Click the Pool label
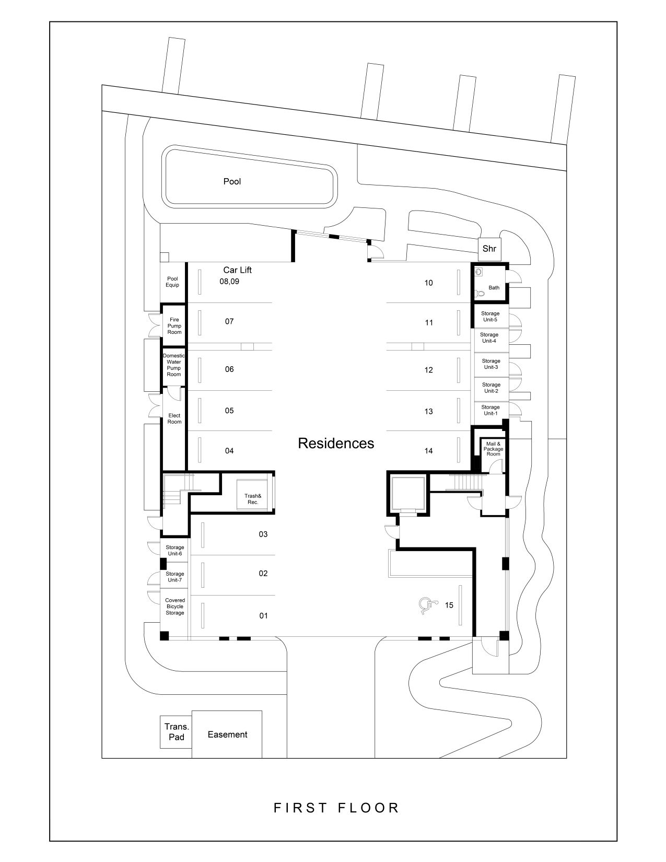point(232,182)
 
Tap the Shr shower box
point(489,249)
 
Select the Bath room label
point(494,288)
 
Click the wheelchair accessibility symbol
point(427,605)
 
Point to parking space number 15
point(449,605)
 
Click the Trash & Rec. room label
point(252,499)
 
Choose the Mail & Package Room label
point(493,449)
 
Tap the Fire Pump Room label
point(174,326)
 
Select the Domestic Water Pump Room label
point(174,365)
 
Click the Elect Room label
point(174,418)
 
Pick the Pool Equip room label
point(172,282)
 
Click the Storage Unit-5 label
point(490,317)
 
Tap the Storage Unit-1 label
point(490,410)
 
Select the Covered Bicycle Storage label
point(175,607)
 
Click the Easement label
point(227,735)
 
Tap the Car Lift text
point(238,270)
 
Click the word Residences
point(336,444)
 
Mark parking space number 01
point(264,616)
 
